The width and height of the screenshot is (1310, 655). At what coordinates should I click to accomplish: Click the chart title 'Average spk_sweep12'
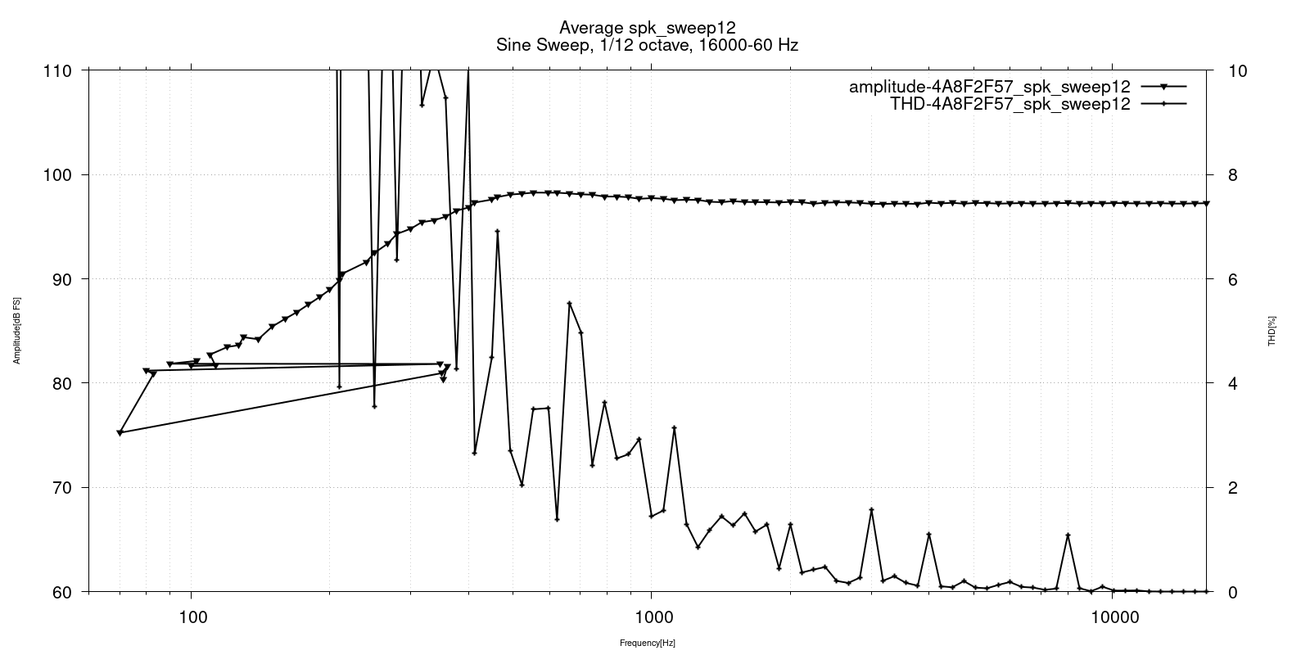tap(647, 28)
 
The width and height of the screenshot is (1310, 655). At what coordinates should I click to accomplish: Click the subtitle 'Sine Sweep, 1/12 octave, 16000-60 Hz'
tap(647, 46)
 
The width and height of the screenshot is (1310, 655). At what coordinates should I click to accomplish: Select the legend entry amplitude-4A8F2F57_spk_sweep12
tap(989, 87)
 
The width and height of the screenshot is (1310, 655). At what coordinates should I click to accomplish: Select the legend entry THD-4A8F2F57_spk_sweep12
tap(1010, 104)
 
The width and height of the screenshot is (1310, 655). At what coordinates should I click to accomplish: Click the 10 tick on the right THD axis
tap(1238, 71)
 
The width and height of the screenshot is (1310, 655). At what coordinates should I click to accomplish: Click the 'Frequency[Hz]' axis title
tap(647, 644)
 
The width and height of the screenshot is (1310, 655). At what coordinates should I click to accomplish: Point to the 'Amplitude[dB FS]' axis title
tap(17, 331)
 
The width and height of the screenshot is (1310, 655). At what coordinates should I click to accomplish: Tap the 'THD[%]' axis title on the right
tap(1272, 331)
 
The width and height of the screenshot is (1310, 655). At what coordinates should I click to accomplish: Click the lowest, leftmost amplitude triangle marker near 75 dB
tap(120, 432)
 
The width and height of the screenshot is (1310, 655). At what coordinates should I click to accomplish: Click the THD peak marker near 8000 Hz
tap(1068, 535)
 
